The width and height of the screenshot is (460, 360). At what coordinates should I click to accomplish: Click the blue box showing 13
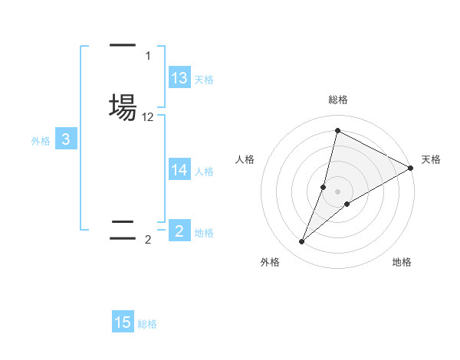coord(179,78)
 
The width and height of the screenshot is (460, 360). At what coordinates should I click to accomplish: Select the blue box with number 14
coord(179,170)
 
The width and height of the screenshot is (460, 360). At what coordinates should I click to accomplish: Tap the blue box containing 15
coord(123,322)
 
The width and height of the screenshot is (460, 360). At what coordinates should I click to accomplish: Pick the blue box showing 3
coord(66,139)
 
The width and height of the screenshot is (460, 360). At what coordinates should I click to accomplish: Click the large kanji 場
coord(123,106)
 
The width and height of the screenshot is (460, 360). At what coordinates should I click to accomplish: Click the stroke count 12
coord(148,117)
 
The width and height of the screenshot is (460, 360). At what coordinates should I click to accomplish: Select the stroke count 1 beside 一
coord(148,56)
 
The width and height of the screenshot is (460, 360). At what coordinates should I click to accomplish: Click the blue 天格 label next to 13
coord(204,80)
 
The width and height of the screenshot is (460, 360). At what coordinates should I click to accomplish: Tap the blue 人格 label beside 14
coord(204,172)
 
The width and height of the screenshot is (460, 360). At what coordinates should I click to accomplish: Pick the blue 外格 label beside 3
coord(41,141)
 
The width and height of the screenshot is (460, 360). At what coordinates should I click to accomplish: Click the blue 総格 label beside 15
coord(147,324)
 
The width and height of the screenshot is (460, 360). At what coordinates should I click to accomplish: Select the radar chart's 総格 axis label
coord(337,100)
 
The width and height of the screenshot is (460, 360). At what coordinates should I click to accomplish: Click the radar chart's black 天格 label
coord(431,159)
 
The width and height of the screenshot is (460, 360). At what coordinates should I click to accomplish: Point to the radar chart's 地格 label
coord(402,262)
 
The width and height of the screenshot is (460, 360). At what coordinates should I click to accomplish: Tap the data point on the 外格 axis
coord(302,242)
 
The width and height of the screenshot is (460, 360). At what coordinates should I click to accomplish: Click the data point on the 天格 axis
coord(412,168)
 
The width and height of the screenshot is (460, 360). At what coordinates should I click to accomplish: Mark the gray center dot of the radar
coord(337,191)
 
